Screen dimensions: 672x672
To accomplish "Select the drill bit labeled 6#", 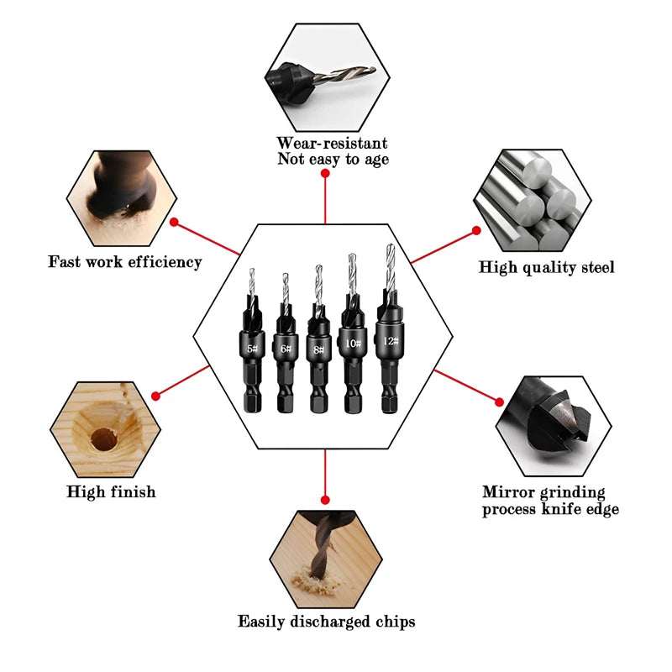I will click(x=286, y=349).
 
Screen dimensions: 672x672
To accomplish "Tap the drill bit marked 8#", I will click(x=318, y=344).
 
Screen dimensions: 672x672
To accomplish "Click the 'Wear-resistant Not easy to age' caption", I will click(x=333, y=151).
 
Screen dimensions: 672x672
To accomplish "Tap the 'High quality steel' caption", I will click(x=547, y=268).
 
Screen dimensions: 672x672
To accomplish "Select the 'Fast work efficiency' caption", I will click(x=125, y=262).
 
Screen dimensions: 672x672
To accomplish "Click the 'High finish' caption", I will click(x=111, y=491).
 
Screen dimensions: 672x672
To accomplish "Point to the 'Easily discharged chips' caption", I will click(x=326, y=622).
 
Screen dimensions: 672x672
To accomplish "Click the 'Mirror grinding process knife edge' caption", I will click(x=550, y=501).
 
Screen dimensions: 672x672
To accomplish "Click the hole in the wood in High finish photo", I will click(x=104, y=438).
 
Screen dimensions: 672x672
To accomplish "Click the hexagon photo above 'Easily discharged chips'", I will click(x=326, y=554).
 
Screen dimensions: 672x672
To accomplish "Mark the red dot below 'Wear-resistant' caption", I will click(x=325, y=173).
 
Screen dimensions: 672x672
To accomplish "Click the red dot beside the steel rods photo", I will click(x=476, y=230).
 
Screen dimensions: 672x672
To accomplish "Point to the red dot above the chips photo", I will click(x=325, y=499).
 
